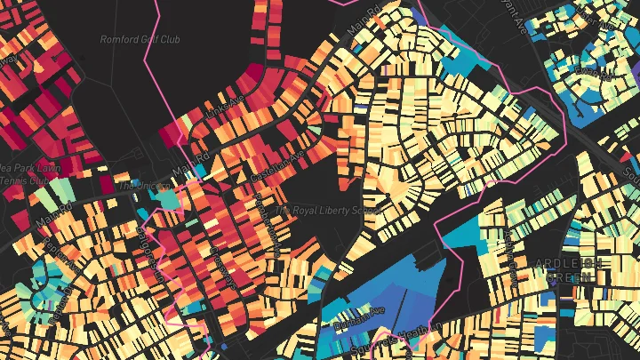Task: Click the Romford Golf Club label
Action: (133, 40)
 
